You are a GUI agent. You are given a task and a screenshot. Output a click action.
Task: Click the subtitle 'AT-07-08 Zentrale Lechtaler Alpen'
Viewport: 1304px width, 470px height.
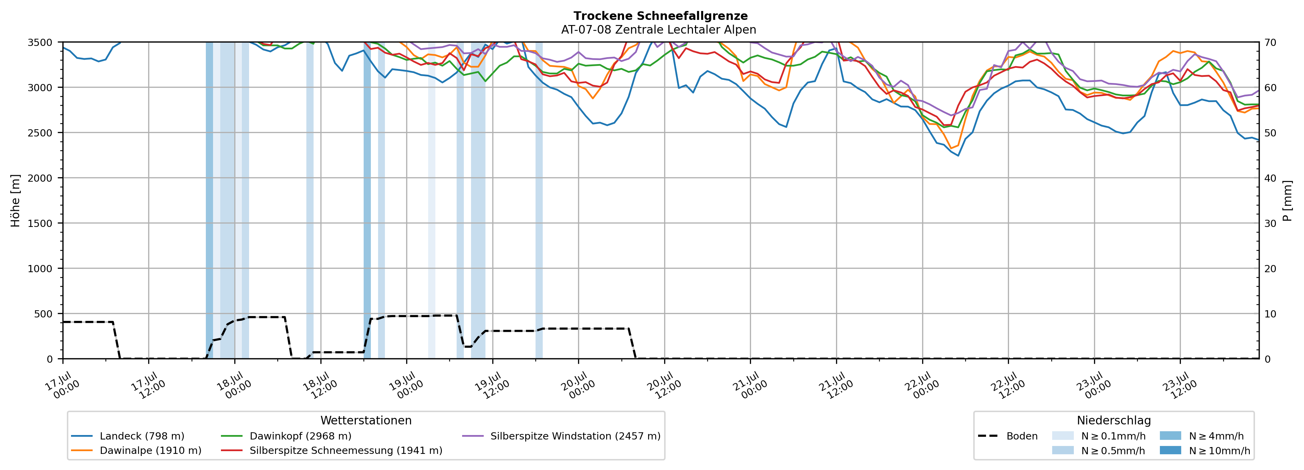pyautogui.click(x=659, y=30)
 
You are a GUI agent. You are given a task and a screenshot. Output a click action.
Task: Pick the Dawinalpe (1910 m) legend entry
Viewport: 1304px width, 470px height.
pyautogui.click(x=136, y=450)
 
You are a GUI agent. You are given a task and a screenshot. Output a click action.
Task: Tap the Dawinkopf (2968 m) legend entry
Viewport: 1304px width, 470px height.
pyautogui.click(x=286, y=436)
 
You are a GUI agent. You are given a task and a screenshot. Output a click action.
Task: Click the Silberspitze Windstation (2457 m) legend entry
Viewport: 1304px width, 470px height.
pyautogui.click(x=561, y=436)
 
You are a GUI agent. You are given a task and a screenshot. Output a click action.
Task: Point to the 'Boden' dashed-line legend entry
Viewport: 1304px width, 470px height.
pyautogui.click(x=1008, y=436)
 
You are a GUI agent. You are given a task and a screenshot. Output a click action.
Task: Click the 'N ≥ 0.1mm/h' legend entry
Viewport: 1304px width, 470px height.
pyautogui.click(x=1099, y=436)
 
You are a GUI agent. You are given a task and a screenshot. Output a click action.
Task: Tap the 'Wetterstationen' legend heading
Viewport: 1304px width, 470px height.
pyautogui.click(x=366, y=420)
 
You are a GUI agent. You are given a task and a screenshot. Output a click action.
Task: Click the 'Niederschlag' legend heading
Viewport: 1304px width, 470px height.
pyautogui.click(x=1114, y=420)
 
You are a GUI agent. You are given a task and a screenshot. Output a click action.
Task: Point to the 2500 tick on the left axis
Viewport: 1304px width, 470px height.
pyautogui.click(x=40, y=133)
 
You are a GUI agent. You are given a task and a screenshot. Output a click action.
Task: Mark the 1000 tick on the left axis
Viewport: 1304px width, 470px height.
pyautogui.click(x=40, y=269)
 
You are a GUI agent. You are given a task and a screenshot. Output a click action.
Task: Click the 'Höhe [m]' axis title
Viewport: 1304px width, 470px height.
pyautogui.click(x=16, y=200)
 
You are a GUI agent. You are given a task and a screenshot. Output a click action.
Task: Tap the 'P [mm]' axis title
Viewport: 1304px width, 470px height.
pyautogui.click(x=1288, y=200)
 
